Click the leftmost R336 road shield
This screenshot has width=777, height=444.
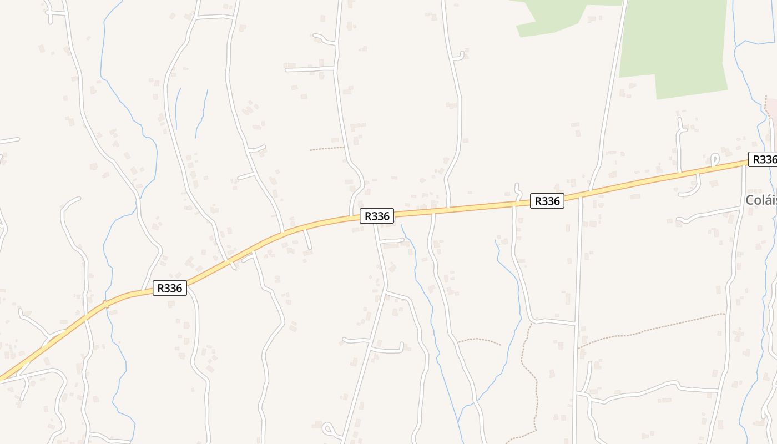(x=170, y=288)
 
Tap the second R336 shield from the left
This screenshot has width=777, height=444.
(x=377, y=216)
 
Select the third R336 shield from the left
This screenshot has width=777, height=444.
(x=547, y=201)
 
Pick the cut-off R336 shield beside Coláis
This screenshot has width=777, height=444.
(x=764, y=159)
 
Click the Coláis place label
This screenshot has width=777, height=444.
(x=761, y=200)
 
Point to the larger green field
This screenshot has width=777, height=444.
(x=674, y=44)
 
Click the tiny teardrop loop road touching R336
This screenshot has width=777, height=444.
(x=714, y=160)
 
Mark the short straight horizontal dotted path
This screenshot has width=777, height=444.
(x=326, y=148)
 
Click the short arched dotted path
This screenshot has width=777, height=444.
(x=478, y=340)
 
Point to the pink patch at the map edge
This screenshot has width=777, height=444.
(x=771, y=105)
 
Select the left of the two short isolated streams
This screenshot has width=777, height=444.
(x=177, y=108)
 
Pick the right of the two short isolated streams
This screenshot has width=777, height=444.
(x=202, y=114)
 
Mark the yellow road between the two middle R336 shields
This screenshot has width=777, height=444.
(x=461, y=209)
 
